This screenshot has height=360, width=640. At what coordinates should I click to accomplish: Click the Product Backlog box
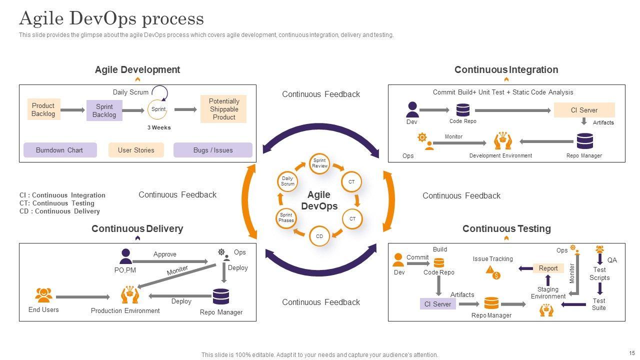click(43, 109)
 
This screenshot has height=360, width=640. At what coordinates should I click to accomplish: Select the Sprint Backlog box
click(104, 110)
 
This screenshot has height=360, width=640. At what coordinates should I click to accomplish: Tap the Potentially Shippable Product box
click(223, 109)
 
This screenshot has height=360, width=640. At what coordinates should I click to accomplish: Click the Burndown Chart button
click(59, 150)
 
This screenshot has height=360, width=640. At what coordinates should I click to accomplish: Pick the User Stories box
click(136, 150)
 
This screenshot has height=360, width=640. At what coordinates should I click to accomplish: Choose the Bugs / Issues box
click(212, 150)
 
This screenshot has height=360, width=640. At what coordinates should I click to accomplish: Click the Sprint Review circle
click(319, 163)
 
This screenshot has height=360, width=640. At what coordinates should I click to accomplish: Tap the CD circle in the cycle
click(319, 236)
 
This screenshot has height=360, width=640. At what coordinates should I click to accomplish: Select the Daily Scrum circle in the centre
click(287, 181)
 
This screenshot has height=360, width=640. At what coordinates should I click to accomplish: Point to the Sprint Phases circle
click(286, 217)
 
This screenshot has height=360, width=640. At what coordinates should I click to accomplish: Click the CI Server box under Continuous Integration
click(584, 110)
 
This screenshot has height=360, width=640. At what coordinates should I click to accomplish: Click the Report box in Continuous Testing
click(548, 268)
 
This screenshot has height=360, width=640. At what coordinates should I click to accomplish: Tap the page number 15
click(631, 352)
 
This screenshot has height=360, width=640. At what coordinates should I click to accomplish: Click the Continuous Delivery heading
click(137, 229)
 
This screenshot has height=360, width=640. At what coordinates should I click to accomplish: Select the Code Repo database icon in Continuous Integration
click(463, 110)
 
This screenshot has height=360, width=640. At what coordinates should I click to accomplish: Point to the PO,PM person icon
click(125, 256)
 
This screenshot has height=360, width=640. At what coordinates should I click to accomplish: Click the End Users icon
click(43, 295)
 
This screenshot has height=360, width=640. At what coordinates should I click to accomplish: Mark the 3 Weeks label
click(159, 127)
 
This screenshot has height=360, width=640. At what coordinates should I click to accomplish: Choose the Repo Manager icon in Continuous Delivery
click(220, 296)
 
